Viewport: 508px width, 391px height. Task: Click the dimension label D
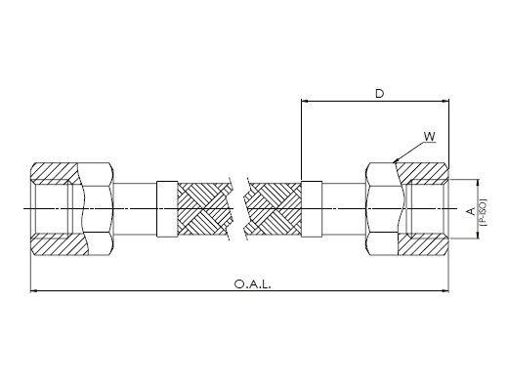click(x=379, y=94)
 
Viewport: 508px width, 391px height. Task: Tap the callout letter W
click(x=430, y=137)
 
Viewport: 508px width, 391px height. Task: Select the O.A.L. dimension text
click(x=252, y=284)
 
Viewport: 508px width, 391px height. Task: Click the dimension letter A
click(x=471, y=212)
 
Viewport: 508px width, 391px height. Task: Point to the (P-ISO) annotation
click(x=483, y=212)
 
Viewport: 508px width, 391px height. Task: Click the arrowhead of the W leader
click(x=396, y=160)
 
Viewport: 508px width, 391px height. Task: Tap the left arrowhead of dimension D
click(x=305, y=102)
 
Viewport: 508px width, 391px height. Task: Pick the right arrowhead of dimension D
click(x=444, y=102)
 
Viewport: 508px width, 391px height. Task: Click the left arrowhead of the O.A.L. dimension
click(x=34, y=290)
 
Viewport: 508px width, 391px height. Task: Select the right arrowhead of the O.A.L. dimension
click(x=444, y=290)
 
